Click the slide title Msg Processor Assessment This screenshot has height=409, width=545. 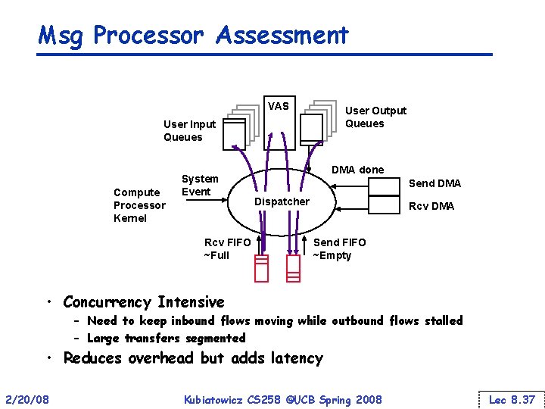(193, 35)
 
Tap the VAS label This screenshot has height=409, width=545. (278, 106)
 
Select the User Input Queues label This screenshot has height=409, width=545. (189, 130)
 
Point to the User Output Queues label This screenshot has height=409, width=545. (375, 117)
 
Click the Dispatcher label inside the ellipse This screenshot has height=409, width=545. (282, 201)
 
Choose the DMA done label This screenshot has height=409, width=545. (357, 170)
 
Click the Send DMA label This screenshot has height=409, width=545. (434, 183)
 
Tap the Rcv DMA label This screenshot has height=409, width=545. (431, 206)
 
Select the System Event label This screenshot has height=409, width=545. (200, 186)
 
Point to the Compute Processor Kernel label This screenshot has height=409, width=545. (139, 205)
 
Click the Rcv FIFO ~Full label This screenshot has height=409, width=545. (227, 248)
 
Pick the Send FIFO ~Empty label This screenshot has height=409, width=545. (339, 248)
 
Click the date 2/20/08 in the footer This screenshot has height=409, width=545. (27, 398)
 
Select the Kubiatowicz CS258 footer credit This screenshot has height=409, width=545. (283, 398)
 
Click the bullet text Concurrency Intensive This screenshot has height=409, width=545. (144, 302)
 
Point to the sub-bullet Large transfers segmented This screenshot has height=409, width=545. (167, 338)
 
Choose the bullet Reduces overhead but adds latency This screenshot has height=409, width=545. (193, 357)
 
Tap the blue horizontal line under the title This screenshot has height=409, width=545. (265, 55)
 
